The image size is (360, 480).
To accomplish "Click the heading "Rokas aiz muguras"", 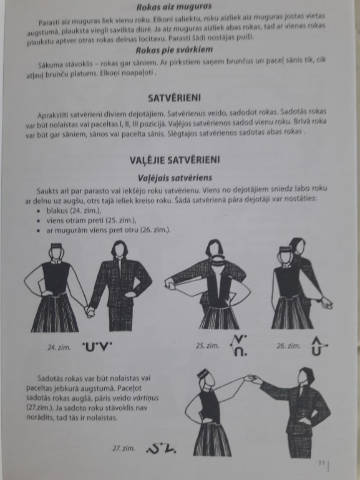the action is (174, 6).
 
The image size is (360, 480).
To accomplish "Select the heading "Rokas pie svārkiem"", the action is (174, 50).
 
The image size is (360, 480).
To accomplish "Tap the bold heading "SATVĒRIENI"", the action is (174, 98).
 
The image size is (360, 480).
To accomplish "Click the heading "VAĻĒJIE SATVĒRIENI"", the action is (175, 160).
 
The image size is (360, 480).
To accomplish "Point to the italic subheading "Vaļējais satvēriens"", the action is (175, 178).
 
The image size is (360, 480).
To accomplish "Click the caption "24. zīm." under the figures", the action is (59, 347).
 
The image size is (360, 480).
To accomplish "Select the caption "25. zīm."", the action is (207, 345).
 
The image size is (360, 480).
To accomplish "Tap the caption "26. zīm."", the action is (289, 346).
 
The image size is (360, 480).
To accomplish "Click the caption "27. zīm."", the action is (124, 448).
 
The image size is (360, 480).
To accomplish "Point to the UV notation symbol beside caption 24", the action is (97, 346).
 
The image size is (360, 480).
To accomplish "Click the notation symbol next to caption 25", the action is (239, 345).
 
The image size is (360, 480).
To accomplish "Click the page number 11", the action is (321, 463).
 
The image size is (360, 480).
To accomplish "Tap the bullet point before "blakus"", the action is (38, 211).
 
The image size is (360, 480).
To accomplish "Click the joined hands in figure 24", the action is (89, 311).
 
